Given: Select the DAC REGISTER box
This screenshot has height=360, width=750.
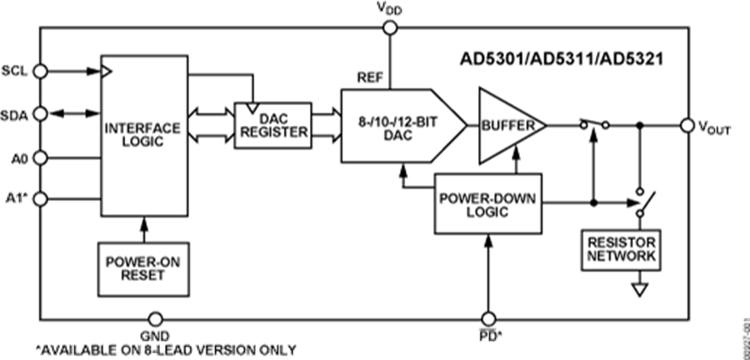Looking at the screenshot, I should pos(272,126).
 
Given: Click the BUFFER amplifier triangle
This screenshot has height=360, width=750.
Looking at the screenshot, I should pos(507,126).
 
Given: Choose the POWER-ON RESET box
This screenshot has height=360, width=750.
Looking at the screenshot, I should pos(142,267).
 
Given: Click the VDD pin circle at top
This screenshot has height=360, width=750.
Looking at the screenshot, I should pos(389,27).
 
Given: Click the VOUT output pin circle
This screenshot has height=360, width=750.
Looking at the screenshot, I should pos(687,125).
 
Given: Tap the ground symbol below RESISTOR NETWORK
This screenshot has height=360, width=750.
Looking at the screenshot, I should pos(639,290).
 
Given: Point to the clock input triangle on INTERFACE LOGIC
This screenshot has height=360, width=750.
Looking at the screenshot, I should pos(106,72).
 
